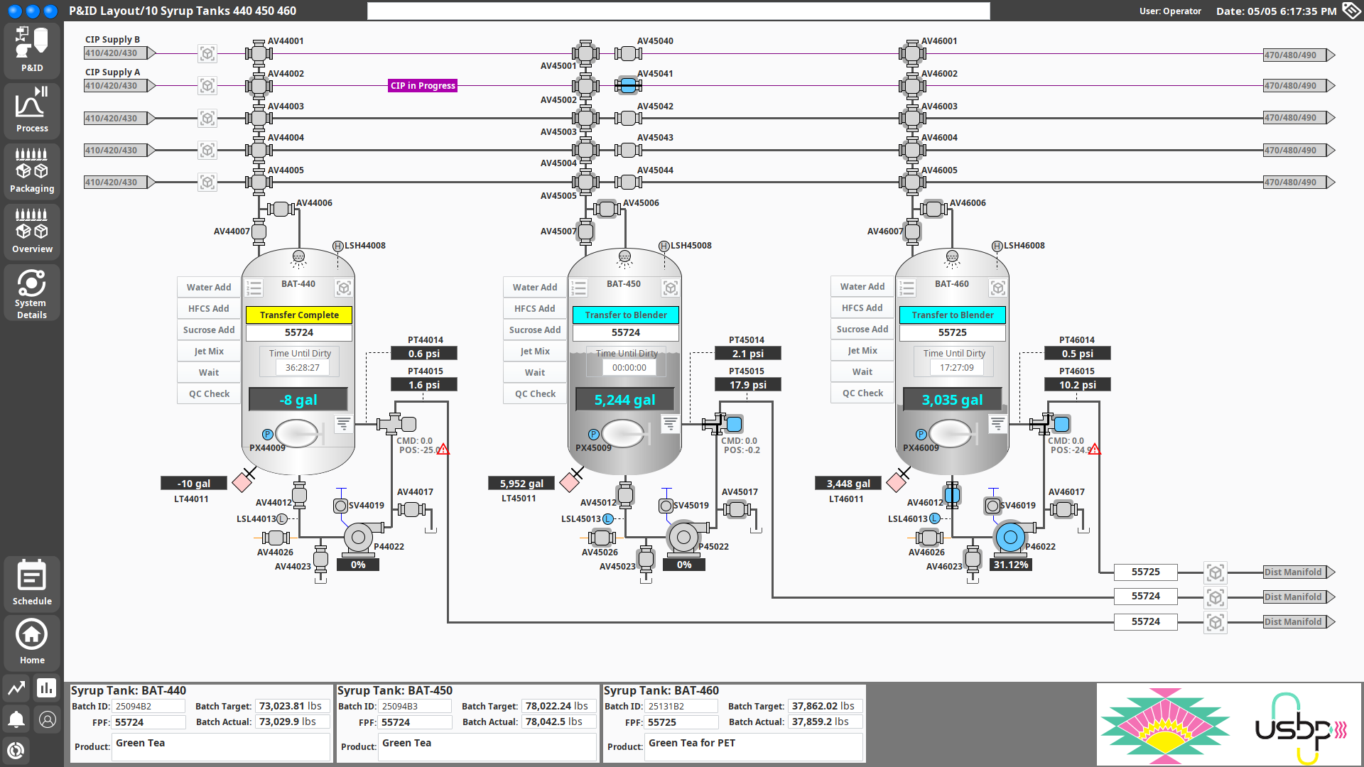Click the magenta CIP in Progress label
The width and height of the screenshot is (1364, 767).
click(423, 86)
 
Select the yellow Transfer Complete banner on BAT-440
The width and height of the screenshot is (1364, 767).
click(299, 315)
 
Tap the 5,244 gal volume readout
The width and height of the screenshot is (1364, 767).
click(624, 400)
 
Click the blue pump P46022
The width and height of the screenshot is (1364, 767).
click(1010, 538)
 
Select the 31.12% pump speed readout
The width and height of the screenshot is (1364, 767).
click(1010, 565)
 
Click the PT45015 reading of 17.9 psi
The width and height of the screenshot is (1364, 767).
click(747, 385)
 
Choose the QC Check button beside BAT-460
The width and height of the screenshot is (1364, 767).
click(862, 393)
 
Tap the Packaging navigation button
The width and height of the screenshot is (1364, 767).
click(32, 170)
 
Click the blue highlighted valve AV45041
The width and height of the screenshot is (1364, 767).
click(628, 86)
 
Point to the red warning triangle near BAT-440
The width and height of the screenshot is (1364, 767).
click(443, 450)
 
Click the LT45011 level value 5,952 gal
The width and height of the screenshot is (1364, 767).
click(521, 484)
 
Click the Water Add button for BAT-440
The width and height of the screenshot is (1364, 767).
click(209, 287)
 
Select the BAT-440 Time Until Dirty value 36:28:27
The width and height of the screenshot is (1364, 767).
click(303, 368)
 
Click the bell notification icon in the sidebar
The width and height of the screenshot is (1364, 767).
click(16, 719)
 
